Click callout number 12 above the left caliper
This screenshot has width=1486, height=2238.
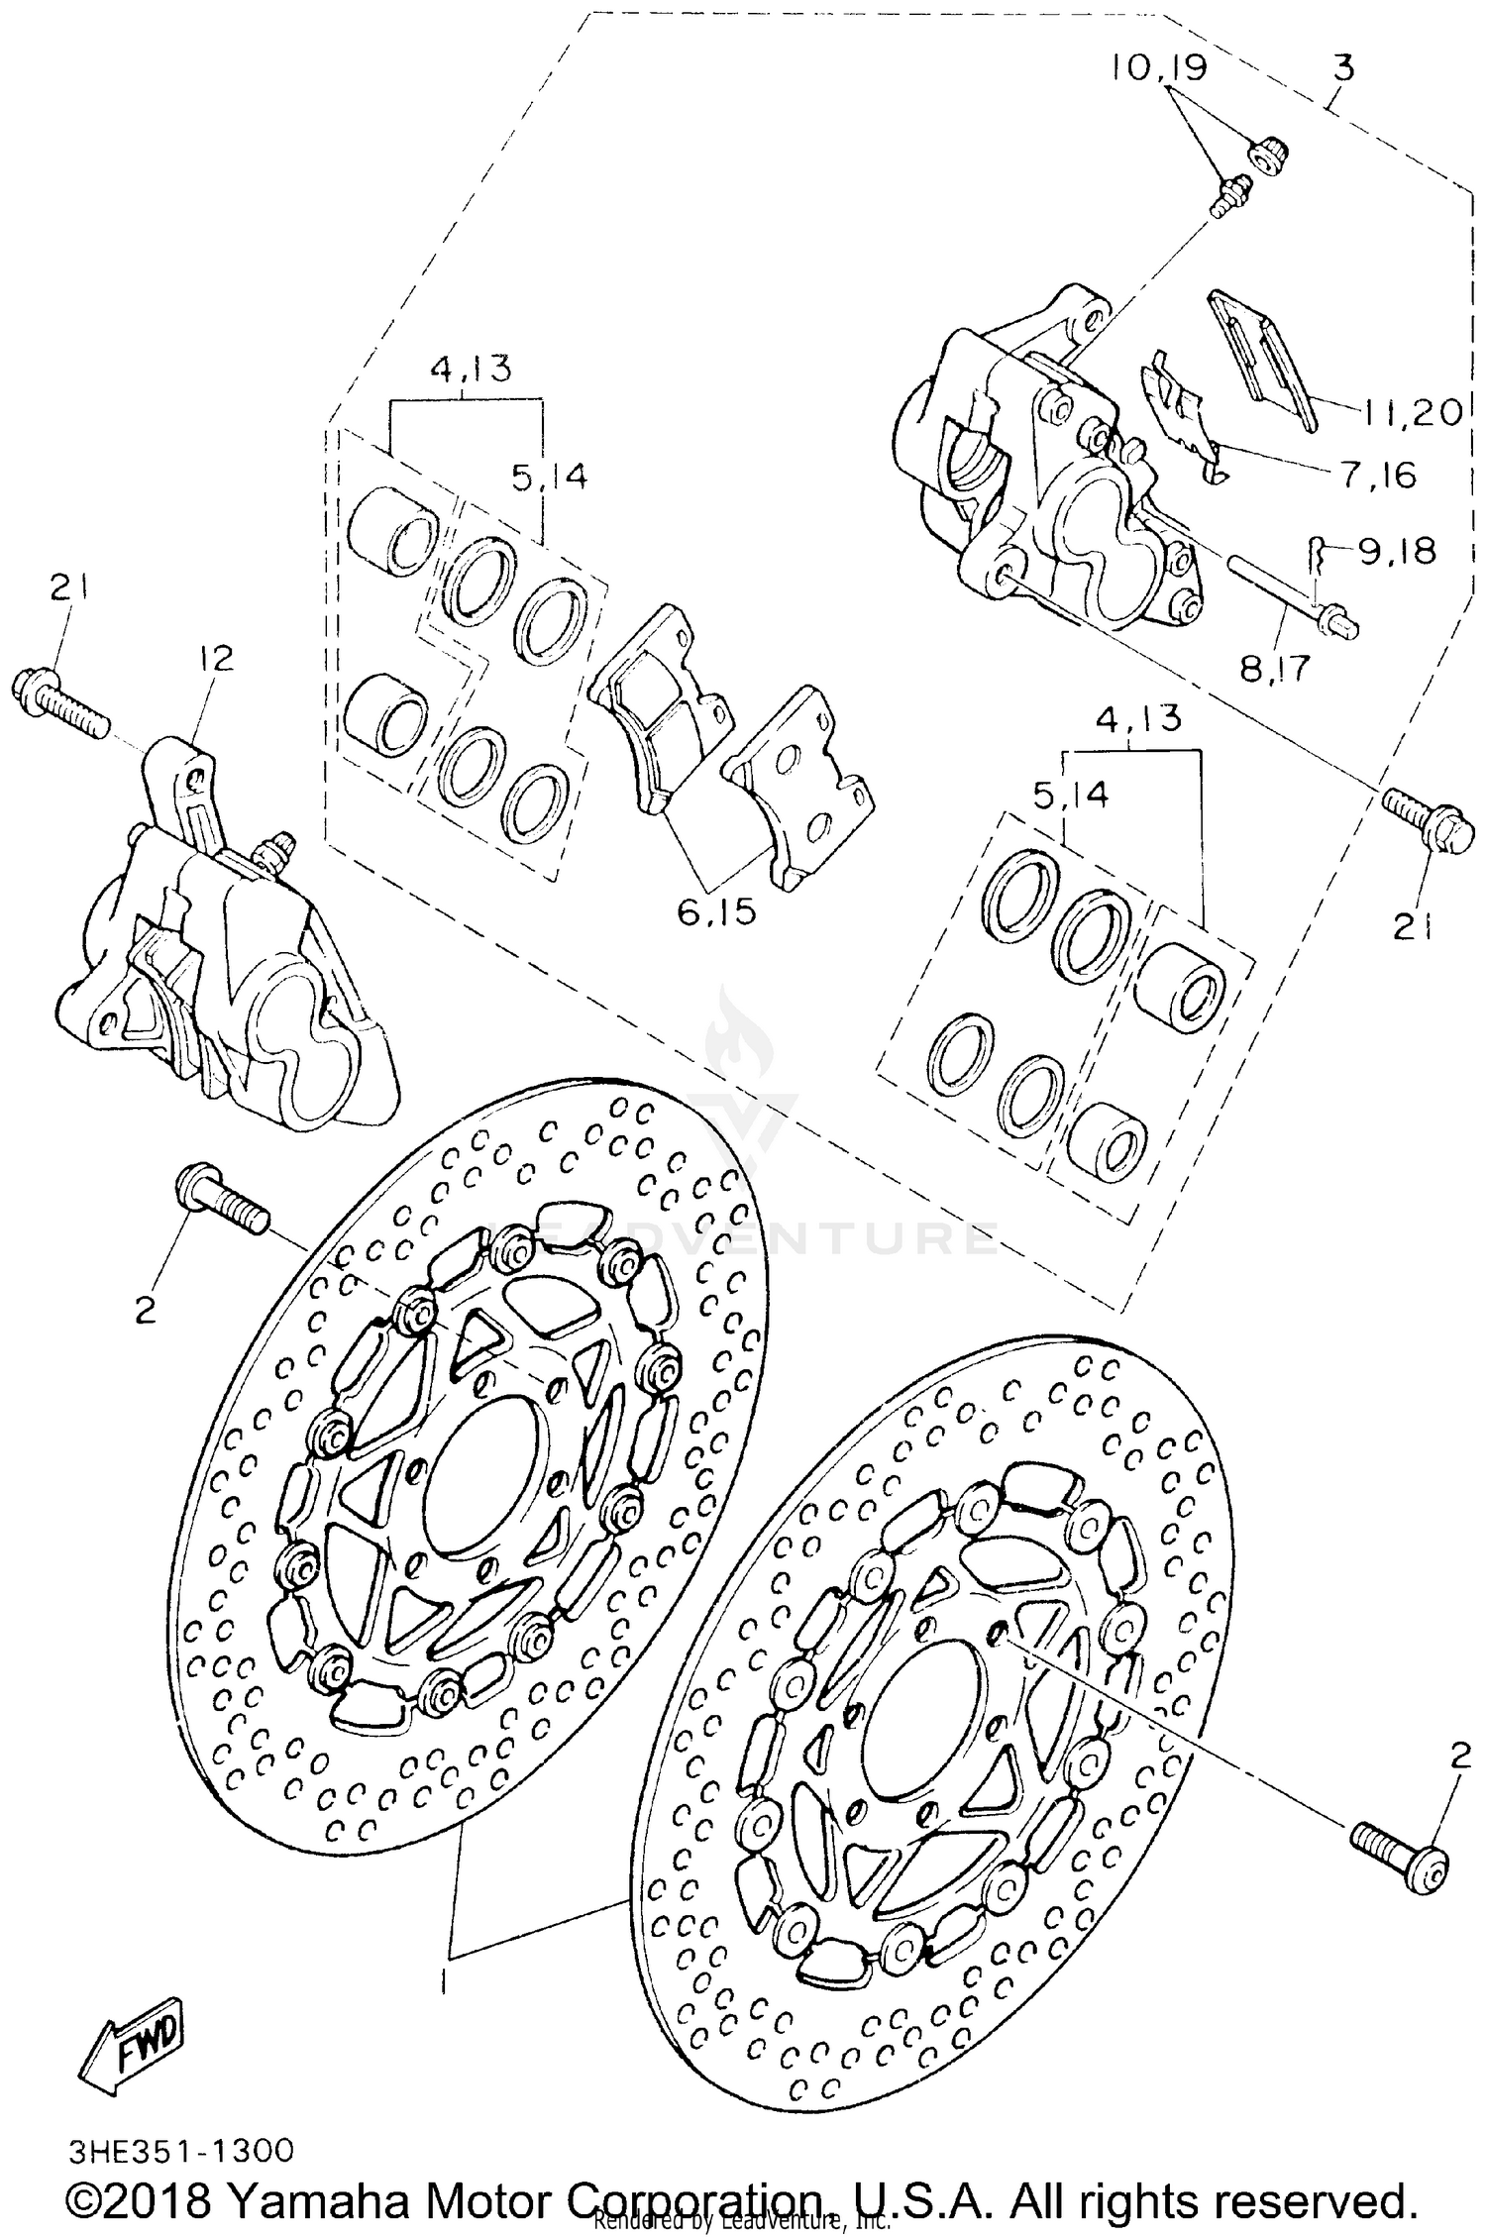pos(217,658)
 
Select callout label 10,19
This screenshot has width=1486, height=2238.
pos(1157,68)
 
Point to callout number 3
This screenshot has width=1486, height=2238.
pos(1342,68)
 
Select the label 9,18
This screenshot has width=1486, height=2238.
pos(1397,551)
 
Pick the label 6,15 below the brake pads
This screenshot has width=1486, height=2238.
pos(717,911)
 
